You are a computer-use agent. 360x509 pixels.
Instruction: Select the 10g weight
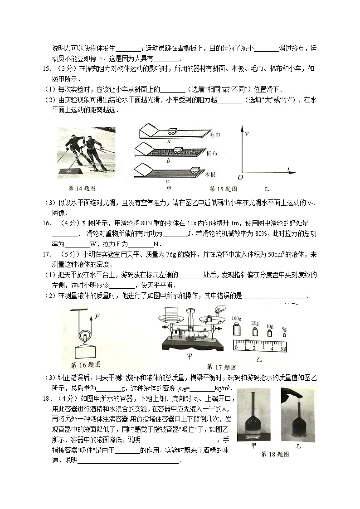click(269, 333)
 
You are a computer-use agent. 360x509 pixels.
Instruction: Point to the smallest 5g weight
click(284, 334)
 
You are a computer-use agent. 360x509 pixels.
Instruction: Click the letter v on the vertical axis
click(247, 135)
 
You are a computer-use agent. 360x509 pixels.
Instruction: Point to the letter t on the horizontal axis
click(288, 170)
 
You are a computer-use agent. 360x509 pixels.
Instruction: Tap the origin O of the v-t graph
click(240, 177)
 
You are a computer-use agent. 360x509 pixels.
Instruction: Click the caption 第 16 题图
click(86, 364)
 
